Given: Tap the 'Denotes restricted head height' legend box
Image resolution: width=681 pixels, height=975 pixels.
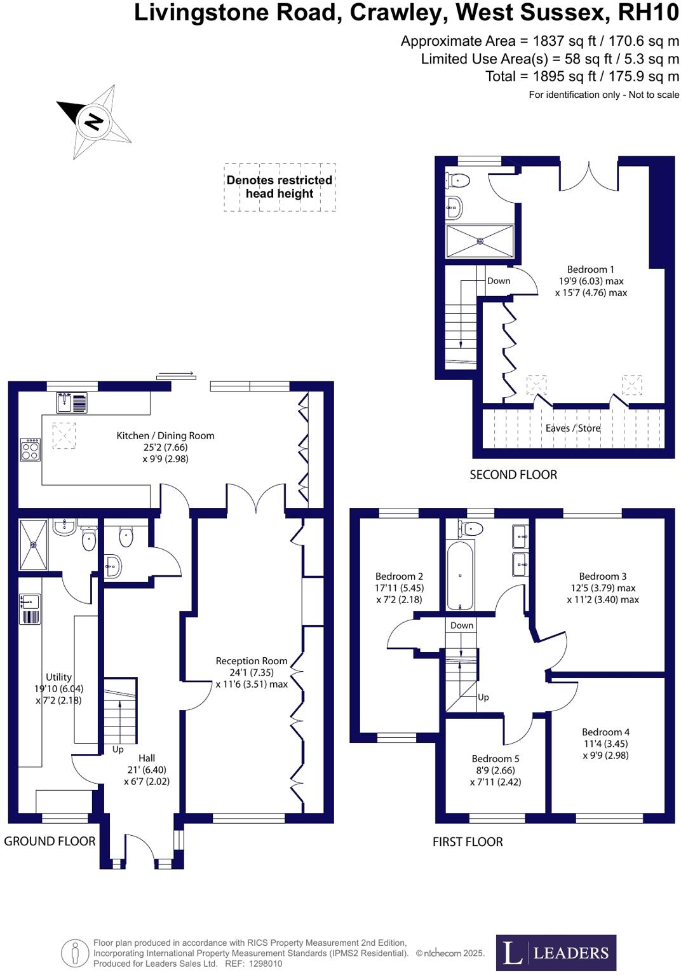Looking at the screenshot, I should pos(280,187).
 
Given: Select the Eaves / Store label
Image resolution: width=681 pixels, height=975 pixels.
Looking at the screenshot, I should pos(572,428).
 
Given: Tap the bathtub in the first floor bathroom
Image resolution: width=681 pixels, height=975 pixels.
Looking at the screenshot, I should pos(460,575).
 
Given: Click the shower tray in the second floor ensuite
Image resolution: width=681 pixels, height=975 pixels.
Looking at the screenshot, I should pos(480,241).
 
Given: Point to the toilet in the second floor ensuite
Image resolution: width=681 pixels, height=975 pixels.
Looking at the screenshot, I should pos(459,181).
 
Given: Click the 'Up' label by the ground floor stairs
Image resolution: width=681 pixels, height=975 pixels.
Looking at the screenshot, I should pos(118,749).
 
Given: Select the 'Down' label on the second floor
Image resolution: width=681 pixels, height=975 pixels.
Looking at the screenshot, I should pos(499,281).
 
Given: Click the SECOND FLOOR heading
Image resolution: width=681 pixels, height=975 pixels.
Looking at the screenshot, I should pos(513,475).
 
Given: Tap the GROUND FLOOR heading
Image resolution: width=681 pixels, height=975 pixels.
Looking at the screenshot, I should pos(50,841).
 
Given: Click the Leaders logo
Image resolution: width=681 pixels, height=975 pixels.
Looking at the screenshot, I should pos(556,952).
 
